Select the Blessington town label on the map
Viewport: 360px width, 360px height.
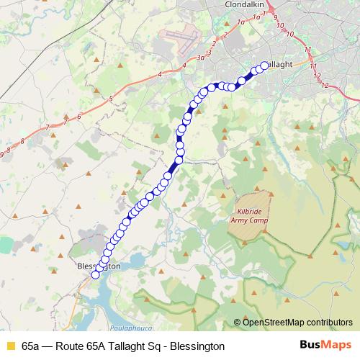pyautogui.click(x=98, y=266)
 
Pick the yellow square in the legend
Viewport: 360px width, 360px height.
pyautogui.click(x=10, y=346)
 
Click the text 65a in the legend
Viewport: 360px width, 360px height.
pyautogui.click(x=31, y=346)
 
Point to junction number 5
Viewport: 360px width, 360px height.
pyautogui.click(x=111, y=98)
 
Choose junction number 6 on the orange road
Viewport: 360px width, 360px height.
pyautogui.click(x=78, y=115)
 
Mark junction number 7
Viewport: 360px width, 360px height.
pyautogui.click(x=47, y=127)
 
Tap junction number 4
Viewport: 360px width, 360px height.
pyautogui.click(x=184, y=66)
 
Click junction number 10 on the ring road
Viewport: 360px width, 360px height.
pyautogui.click(x=289, y=33)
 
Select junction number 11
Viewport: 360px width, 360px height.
pyautogui.click(x=308, y=50)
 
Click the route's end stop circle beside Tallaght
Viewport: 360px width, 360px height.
pyautogui.click(x=264, y=66)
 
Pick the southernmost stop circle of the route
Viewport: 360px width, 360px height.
pyautogui.click(x=95, y=274)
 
